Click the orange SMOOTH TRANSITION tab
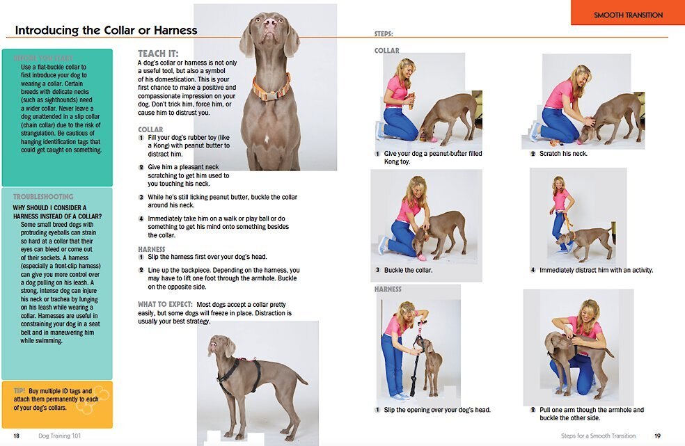628,15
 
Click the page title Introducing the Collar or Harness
106,30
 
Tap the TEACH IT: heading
158,54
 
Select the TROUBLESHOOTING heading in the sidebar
43,197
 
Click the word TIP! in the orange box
19,391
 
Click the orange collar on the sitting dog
271,89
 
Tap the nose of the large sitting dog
270,23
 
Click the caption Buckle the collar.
408,270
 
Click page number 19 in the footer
657,436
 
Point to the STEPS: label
384,33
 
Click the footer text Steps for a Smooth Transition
598,436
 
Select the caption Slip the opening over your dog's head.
436,410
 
